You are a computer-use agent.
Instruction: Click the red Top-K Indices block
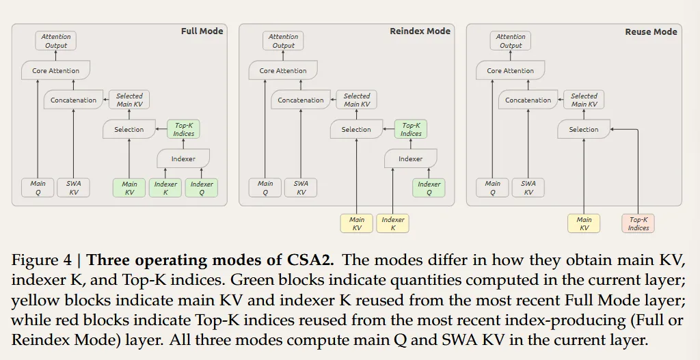[638, 223]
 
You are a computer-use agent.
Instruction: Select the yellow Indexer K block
[392, 223]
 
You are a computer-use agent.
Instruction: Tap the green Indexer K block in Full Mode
[165, 188]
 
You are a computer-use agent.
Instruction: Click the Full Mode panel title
[202, 31]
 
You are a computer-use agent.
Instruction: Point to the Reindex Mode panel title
[420, 31]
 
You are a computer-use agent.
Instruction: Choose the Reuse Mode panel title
[651, 31]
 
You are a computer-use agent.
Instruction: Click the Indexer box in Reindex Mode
[410, 158]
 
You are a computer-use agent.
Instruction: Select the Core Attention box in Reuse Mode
[510, 70]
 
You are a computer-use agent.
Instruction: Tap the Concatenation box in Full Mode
[73, 100]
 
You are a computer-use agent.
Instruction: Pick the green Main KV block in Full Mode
[129, 188]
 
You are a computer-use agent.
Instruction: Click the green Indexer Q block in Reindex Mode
[429, 188]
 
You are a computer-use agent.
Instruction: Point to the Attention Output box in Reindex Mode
[283, 41]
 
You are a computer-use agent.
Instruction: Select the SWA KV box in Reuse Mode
[528, 188]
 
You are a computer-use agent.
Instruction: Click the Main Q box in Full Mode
[38, 188]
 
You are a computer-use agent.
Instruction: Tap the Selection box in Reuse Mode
[584, 129]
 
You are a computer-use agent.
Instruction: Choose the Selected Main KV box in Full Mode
[129, 100]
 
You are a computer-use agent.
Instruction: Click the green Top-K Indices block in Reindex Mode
[411, 129]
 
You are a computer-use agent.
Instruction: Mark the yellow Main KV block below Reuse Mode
[584, 223]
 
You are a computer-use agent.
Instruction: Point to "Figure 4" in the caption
[44, 260]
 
